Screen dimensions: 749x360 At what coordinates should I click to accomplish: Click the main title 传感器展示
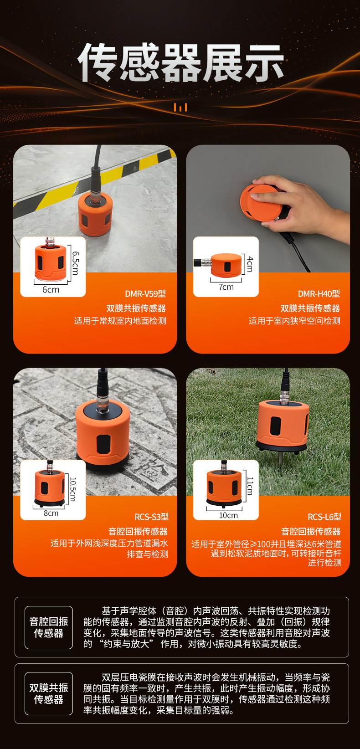(x=181, y=63)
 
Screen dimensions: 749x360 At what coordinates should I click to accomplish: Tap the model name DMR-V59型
(x=145, y=294)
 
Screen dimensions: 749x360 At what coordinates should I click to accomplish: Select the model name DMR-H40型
(x=319, y=294)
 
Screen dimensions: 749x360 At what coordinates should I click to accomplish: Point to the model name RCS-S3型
(x=151, y=517)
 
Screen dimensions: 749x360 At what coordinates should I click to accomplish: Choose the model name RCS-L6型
(x=324, y=517)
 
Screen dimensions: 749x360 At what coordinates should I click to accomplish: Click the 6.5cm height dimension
(x=76, y=263)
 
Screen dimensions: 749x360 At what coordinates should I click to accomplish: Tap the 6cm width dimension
(x=51, y=290)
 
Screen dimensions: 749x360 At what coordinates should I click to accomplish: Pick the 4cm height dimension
(x=250, y=264)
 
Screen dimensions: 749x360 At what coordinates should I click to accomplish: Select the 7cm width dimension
(x=226, y=287)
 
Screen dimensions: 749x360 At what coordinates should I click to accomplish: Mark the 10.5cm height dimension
(x=73, y=489)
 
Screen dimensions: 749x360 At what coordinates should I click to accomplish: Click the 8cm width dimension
(x=51, y=513)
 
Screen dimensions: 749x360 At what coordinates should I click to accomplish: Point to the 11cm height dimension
(x=250, y=487)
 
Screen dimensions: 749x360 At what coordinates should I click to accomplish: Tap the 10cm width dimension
(x=228, y=515)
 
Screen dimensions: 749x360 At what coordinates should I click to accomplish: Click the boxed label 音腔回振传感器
(x=49, y=627)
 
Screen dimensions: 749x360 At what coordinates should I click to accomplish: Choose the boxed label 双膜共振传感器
(x=49, y=693)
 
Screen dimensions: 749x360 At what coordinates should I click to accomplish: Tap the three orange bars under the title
(x=180, y=108)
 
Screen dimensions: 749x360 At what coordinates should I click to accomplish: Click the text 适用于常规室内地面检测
(x=120, y=321)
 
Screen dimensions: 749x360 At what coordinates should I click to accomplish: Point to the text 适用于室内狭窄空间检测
(x=294, y=321)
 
